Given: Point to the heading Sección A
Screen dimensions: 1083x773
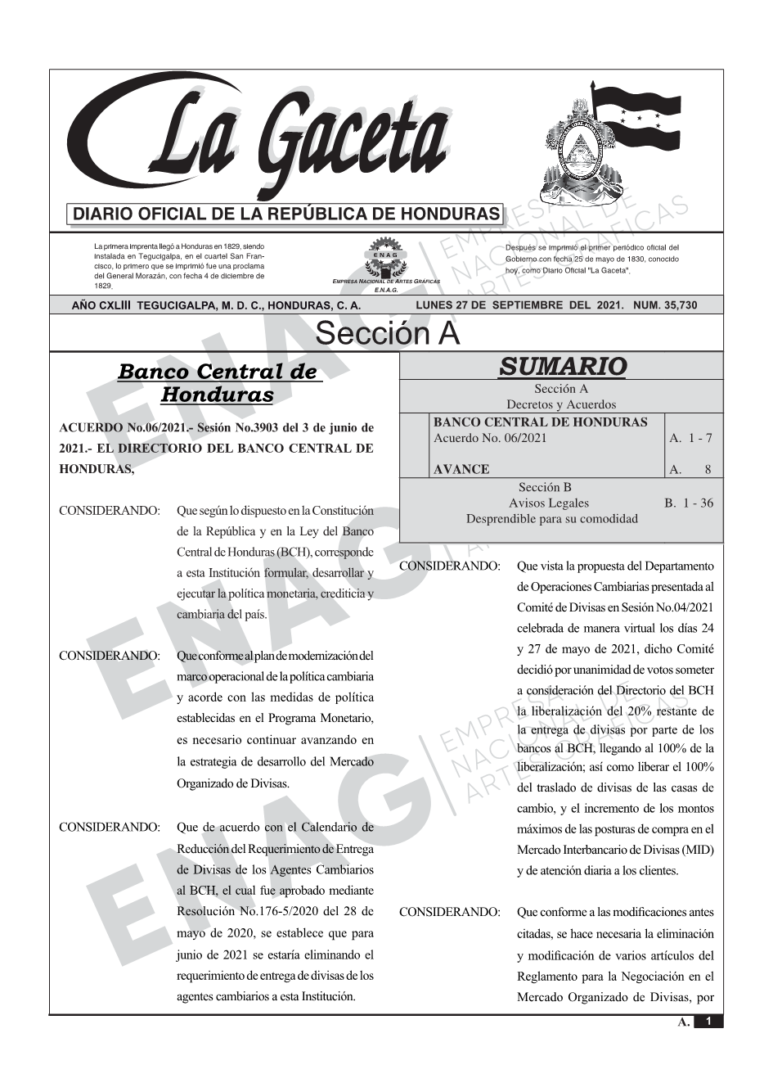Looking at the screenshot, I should pyautogui.click(x=387, y=334).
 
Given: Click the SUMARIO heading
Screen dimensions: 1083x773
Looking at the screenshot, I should pyautogui.click(x=561, y=367).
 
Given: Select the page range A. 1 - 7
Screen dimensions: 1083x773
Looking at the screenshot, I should pyautogui.click(x=690, y=438).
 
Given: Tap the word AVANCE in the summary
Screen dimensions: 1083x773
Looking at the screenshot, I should pyautogui.click(x=461, y=469).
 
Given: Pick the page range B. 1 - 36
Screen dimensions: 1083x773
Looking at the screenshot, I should pyautogui.click(x=689, y=503).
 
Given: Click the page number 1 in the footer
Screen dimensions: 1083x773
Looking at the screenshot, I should pyautogui.click(x=708, y=1021).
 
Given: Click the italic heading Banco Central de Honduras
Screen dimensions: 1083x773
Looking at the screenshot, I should pyautogui.click(x=217, y=382).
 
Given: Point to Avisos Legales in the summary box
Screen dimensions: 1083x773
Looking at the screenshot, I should pyautogui.click(x=548, y=503).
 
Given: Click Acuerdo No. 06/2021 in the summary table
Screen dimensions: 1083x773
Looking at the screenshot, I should pyautogui.click(x=490, y=438).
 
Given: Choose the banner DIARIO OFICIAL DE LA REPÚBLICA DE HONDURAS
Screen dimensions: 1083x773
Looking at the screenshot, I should pyautogui.click(x=286, y=214).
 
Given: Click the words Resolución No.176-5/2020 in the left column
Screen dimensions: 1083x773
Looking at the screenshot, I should pyautogui.click(x=246, y=911).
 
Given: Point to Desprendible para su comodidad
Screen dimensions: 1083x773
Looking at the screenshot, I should pyautogui.click(x=551, y=518).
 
